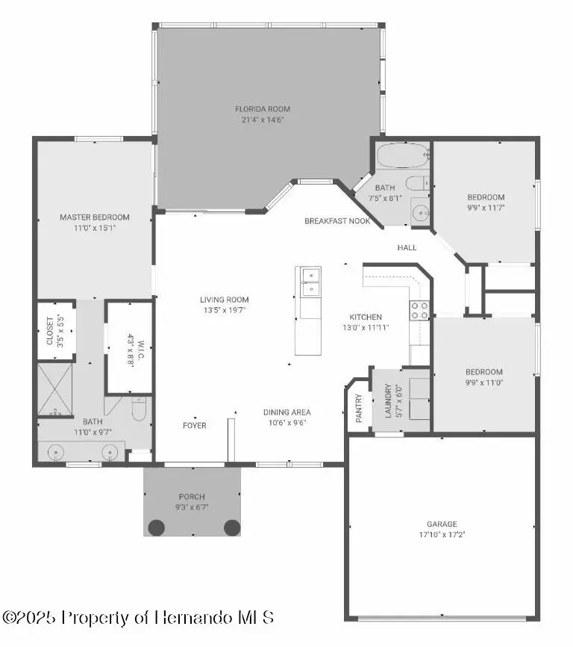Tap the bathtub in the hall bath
403,157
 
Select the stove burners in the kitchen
420,310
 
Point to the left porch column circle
156,527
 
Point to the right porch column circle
232,527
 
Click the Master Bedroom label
94,217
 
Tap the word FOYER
195,425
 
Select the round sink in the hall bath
422,213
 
